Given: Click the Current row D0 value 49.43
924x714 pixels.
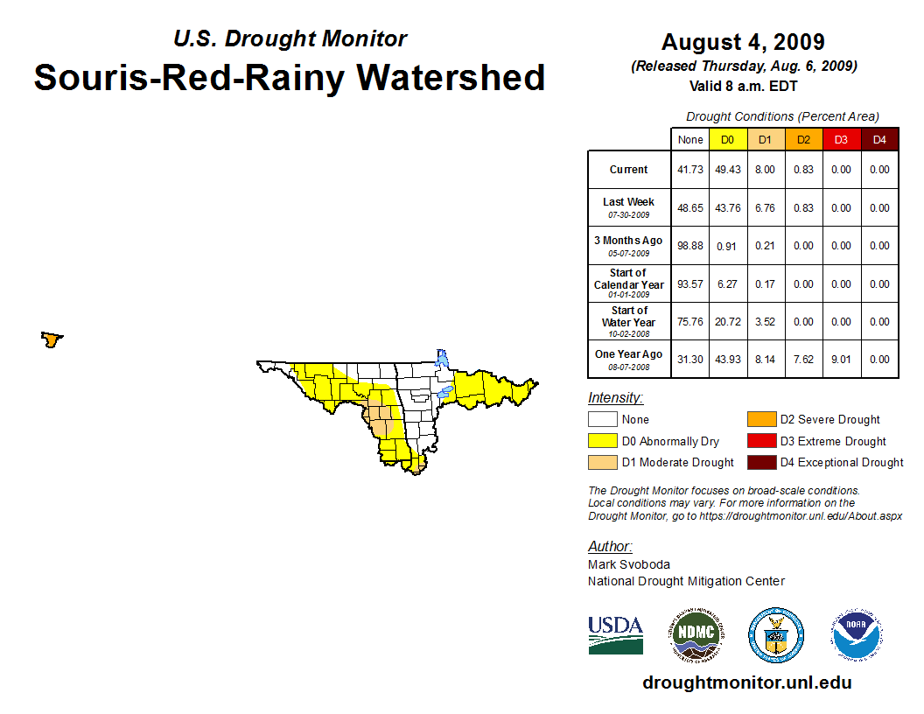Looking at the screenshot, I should (x=727, y=170).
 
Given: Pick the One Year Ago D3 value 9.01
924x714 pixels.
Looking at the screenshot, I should (x=841, y=360).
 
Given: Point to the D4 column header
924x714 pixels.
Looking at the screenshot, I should (x=879, y=140).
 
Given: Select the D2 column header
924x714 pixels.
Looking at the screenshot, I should (x=802, y=140).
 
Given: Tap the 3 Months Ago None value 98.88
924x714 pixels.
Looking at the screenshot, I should (x=689, y=246).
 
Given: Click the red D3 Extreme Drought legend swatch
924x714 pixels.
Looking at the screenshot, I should (x=760, y=441).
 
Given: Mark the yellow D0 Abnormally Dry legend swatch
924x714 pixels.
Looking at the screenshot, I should (x=603, y=441).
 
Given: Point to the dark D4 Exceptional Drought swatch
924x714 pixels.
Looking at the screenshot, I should (x=760, y=462).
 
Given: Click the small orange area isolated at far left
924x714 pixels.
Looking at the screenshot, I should (x=52, y=339).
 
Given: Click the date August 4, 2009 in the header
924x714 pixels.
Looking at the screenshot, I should (x=743, y=42).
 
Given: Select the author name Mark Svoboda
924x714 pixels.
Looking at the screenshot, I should (x=629, y=564).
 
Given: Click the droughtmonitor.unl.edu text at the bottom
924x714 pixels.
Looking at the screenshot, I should (x=746, y=682).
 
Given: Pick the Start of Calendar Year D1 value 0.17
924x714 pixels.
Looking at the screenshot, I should (x=765, y=283).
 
